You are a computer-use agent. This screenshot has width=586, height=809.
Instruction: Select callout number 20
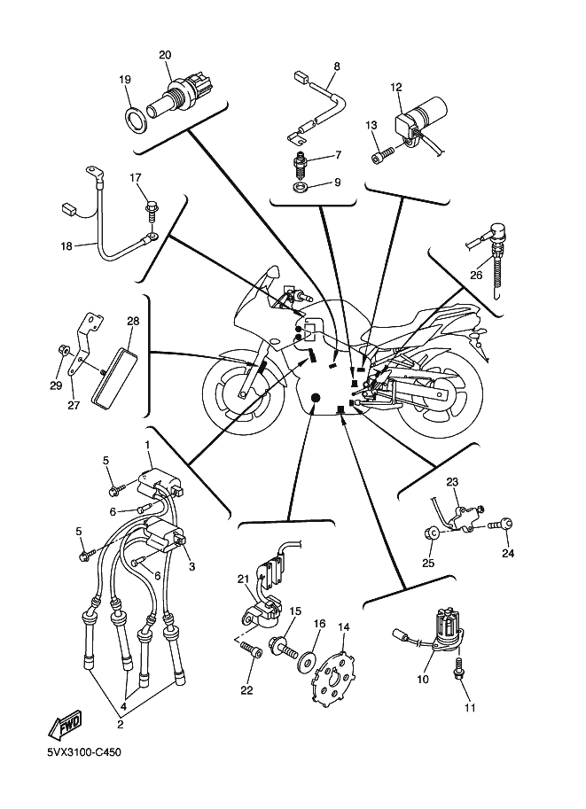pos(164,55)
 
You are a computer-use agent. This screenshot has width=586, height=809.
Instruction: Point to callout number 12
pos(395,87)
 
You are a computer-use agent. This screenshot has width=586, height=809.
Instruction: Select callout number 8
pos(336,66)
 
